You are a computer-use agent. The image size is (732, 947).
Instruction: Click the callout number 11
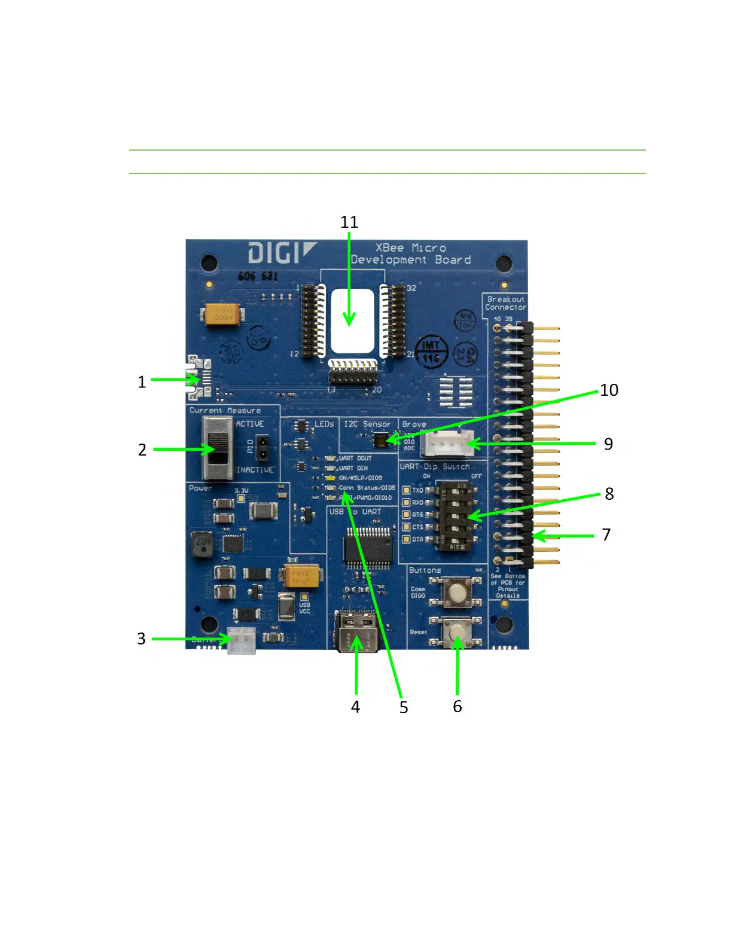[349, 222]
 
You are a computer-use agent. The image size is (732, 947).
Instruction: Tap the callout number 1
[142, 382]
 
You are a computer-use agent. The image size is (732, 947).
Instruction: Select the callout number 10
[609, 390]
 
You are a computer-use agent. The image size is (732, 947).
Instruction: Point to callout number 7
[606, 534]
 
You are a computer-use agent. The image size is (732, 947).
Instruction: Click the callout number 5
[404, 708]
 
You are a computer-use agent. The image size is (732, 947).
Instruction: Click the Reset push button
[457, 633]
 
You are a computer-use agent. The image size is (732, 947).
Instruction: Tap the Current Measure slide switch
[218, 448]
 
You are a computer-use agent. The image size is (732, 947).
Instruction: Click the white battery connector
[241, 640]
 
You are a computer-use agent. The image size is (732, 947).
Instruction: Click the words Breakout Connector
[505, 303]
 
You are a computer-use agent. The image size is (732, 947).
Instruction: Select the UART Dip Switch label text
[435, 466]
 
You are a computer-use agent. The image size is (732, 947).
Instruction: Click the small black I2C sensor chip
[380, 441]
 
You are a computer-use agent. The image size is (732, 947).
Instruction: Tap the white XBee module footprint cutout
[352, 321]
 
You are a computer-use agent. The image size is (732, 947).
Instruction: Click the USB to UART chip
[368, 547]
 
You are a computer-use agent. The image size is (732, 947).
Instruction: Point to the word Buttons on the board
[425, 570]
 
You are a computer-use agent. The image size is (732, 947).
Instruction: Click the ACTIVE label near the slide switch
[249, 424]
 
